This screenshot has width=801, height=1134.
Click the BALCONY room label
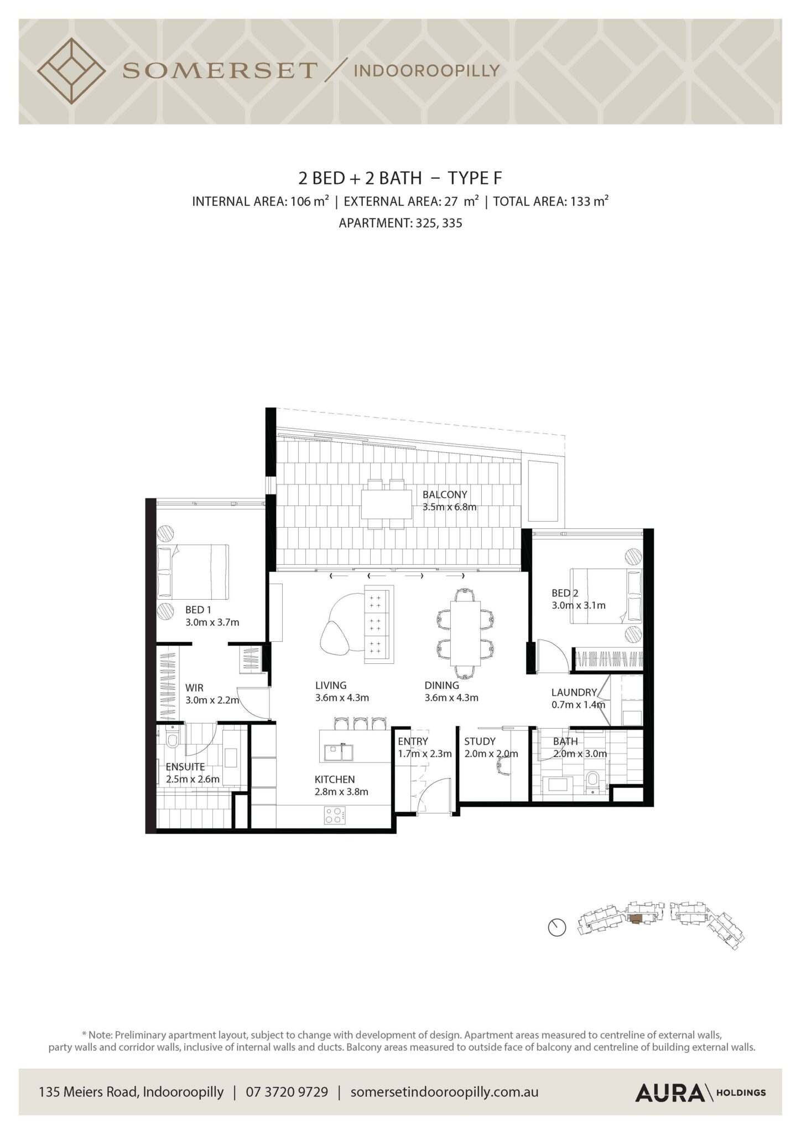pyautogui.click(x=445, y=494)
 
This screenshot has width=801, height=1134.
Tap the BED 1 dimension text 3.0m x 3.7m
pyautogui.click(x=212, y=622)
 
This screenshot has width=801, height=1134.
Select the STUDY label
pyautogui.click(x=480, y=741)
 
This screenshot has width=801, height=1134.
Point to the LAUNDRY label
pyautogui.click(x=574, y=692)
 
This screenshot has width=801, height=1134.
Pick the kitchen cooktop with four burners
pyautogui.click(x=335, y=815)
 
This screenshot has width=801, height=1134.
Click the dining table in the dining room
pyautogui.click(x=465, y=633)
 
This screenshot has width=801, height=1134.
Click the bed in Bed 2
pyautogui.click(x=606, y=595)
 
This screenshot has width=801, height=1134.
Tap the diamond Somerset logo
pyautogui.click(x=71, y=71)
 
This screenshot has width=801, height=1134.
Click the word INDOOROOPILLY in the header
pyautogui.click(x=426, y=70)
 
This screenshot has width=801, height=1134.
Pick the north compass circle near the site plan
pyautogui.click(x=557, y=927)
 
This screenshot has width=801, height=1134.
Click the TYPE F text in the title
pyautogui.click(x=475, y=178)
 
